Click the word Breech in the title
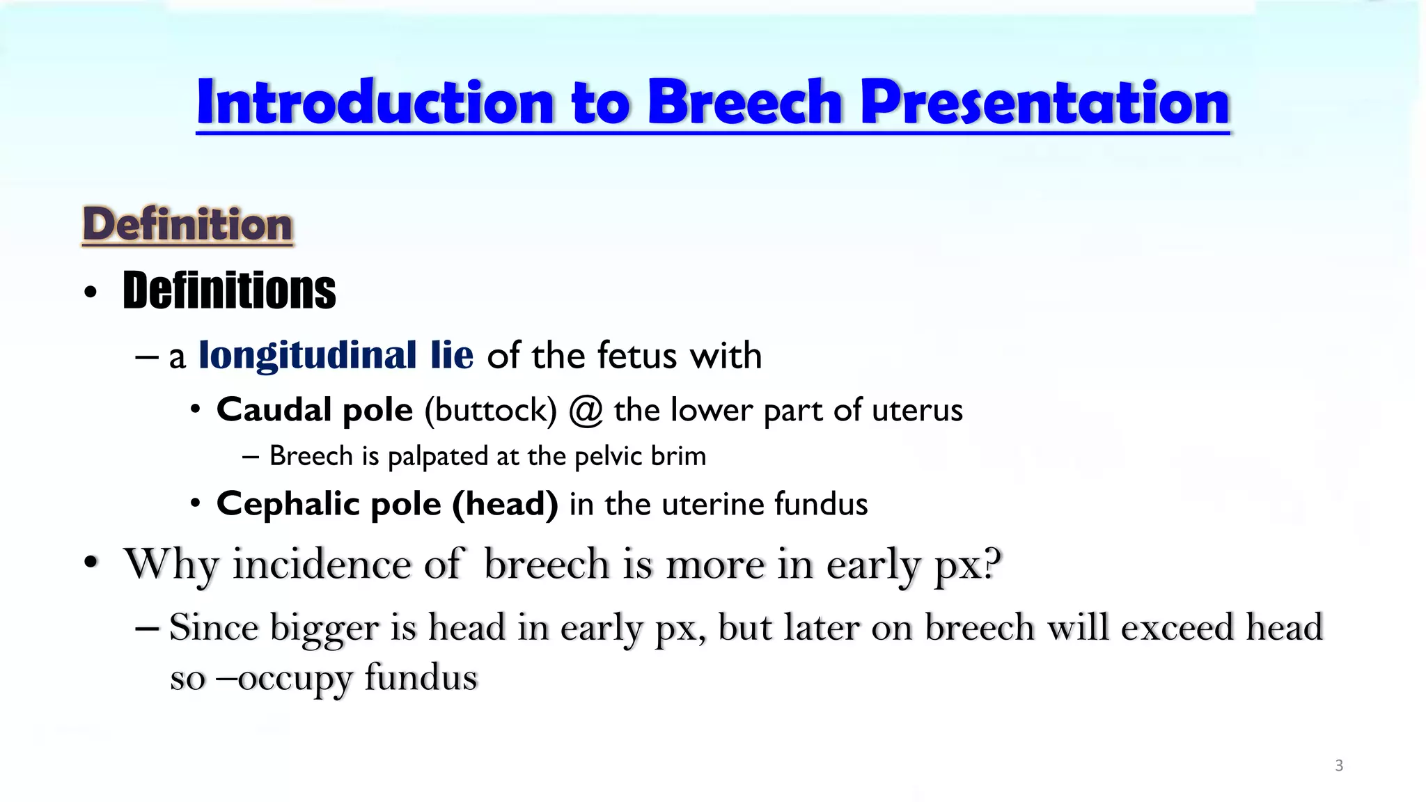[745, 103]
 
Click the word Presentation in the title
[1046, 103]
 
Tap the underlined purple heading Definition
[187, 225]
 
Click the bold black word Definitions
[229, 290]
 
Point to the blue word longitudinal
[307, 356]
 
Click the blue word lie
[452, 355]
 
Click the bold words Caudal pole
[315, 409]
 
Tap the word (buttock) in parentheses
[491, 410]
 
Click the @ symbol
[585, 411]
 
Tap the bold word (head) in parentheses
[505, 504]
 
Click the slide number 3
[1338, 766]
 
